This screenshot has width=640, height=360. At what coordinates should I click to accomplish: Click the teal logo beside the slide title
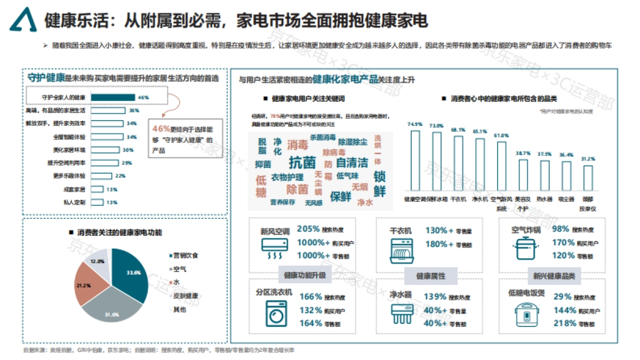point(23,20)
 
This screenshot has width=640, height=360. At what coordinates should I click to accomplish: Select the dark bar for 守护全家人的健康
point(113,97)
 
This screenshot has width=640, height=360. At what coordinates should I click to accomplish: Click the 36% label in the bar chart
point(134,110)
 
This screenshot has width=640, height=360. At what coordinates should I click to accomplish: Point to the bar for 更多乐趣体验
point(101,176)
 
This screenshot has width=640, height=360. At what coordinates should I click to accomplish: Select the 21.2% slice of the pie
point(91,284)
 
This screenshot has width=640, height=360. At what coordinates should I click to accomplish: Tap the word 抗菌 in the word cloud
point(302,162)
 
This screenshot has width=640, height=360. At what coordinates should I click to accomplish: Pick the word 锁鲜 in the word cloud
point(379,184)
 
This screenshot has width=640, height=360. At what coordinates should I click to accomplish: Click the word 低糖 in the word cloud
point(261,186)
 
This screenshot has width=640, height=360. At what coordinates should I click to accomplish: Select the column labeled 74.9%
point(414,160)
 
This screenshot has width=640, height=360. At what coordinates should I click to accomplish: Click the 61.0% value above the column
point(501,136)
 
